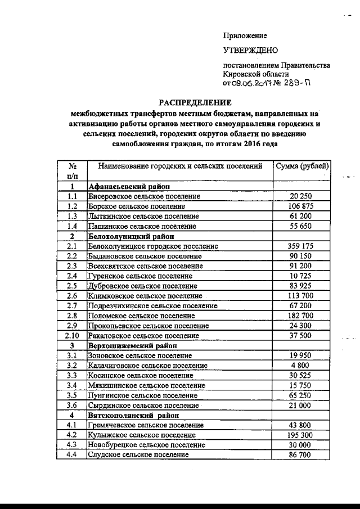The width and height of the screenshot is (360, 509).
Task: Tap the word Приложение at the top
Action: point(245,35)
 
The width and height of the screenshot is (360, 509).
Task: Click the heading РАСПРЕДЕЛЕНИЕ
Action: point(195,102)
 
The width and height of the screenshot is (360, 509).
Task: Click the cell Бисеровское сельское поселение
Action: point(145,196)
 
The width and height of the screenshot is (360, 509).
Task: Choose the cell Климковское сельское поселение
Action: point(145,295)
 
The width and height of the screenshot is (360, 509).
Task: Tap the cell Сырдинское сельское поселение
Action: point(143,406)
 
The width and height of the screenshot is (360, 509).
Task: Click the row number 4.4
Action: point(72,455)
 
